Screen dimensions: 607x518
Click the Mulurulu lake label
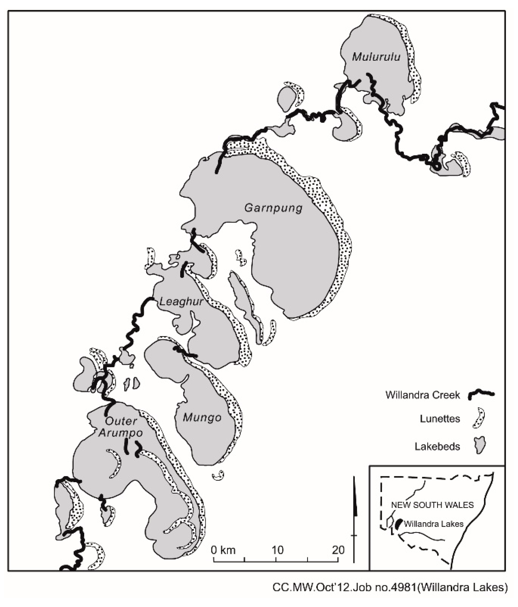coord(376,57)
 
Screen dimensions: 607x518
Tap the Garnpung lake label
coord(273,208)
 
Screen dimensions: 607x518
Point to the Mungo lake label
coord(202,418)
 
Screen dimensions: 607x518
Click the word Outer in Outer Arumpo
coord(121,421)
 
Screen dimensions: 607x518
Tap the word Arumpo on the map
coord(120,433)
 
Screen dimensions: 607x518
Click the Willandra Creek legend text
coord(422,395)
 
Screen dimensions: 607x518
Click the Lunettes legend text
coord(440,419)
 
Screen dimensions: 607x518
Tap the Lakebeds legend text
coord(437,447)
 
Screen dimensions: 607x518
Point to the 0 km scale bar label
coord(223,550)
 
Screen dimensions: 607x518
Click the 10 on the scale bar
coord(277,550)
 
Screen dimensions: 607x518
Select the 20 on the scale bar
coord(338,550)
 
